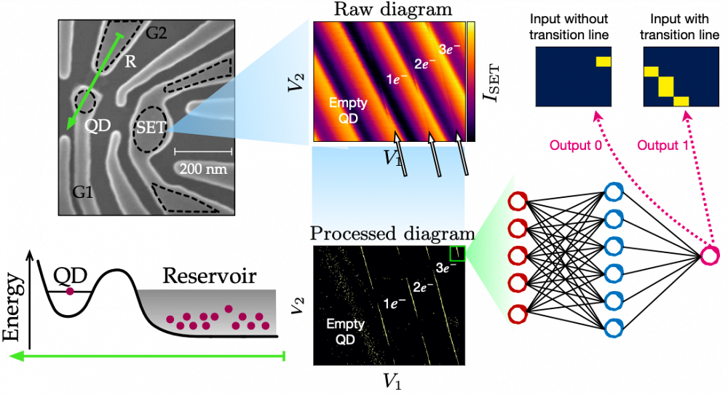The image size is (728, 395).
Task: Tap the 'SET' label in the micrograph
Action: (x=151, y=127)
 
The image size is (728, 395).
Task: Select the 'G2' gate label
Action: (x=157, y=31)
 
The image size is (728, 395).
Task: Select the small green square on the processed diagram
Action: (x=457, y=253)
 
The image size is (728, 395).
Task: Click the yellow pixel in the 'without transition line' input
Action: (x=603, y=62)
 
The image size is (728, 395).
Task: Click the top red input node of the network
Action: (x=518, y=202)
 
